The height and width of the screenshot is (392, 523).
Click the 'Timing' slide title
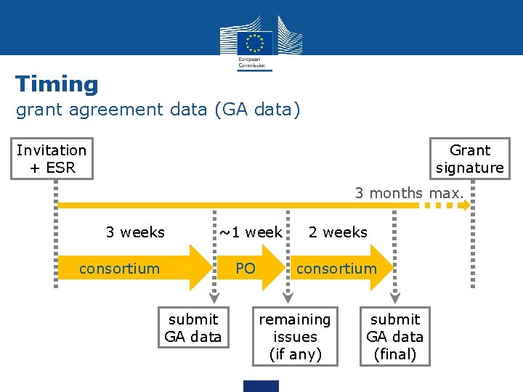point(57,84)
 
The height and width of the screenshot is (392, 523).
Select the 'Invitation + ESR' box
point(51,159)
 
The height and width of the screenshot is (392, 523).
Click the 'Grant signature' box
point(469,159)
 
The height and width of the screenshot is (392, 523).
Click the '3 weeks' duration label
point(135,232)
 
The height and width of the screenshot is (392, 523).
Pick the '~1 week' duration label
point(251,232)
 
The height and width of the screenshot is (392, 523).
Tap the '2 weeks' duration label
point(338,232)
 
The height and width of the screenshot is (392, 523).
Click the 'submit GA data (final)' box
point(395,337)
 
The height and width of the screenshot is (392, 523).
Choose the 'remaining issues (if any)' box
point(294,337)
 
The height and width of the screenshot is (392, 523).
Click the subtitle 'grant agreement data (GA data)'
point(158,110)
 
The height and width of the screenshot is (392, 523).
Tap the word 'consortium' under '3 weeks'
point(119,269)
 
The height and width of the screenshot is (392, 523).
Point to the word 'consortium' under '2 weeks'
point(336,269)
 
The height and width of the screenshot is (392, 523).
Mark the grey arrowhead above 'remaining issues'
point(288,297)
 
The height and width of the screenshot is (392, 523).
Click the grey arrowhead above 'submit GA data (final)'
point(395,297)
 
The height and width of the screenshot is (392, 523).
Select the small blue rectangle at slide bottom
point(261,385)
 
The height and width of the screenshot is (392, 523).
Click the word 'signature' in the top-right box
point(469,168)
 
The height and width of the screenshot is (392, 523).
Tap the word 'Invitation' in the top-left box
point(51,150)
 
